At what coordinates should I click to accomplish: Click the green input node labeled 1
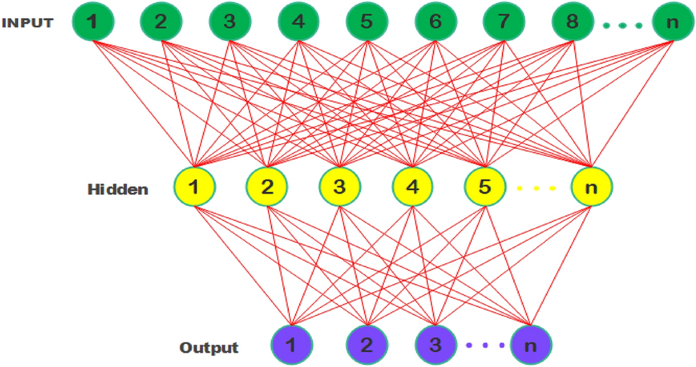[x=92, y=22]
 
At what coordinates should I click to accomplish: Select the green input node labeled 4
[x=298, y=22]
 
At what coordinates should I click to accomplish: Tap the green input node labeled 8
[x=572, y=22]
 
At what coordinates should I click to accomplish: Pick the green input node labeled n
[x=672, y=22]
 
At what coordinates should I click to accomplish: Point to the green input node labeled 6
[x=435, y=22]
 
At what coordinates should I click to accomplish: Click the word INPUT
[x=27, y=22]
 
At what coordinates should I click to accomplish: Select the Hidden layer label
[x=118, y=190]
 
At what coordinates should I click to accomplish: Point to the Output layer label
[x=209, y=348]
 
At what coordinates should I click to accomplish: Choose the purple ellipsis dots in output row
[x=482, y=345]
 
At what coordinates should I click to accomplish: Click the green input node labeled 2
[x=160, y=22]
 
